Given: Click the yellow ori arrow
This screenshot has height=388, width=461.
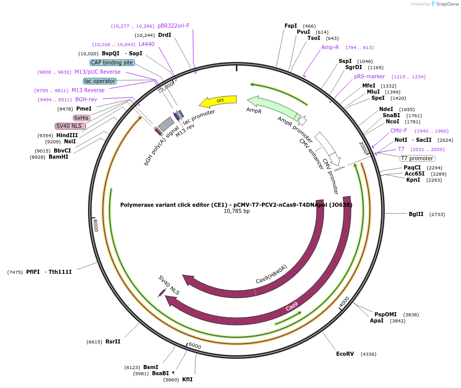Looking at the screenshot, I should click(218, 101).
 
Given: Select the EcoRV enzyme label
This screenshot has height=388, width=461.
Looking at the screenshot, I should click(345, 354).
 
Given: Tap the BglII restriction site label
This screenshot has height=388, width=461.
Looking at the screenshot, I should click(416, 214).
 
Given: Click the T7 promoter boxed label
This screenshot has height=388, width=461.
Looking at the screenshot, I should click(417, 158).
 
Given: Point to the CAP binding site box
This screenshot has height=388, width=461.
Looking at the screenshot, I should click(112, 62).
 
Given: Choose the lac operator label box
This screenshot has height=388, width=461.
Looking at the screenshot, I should click(100, 81).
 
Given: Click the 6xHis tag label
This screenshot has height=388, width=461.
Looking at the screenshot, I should click(81, 118).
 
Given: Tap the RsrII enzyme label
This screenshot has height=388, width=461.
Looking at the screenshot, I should click(113, 341).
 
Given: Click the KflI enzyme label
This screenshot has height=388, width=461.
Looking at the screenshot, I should click(187, 379).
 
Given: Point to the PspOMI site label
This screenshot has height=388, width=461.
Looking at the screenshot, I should click(385, 314).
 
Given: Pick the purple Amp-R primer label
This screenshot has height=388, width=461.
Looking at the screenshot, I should click(330, 47).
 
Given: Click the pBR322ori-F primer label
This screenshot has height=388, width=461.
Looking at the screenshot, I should click(173, 26).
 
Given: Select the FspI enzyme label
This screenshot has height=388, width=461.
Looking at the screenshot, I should click(291, 26).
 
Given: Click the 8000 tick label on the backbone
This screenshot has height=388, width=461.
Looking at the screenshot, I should click(95, 225).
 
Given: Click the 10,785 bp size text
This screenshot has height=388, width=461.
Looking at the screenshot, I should click(236, 211).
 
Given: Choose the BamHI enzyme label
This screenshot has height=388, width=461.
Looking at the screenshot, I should click(58, 157).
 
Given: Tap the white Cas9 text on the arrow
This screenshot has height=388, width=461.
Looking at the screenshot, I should click(292, 307).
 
